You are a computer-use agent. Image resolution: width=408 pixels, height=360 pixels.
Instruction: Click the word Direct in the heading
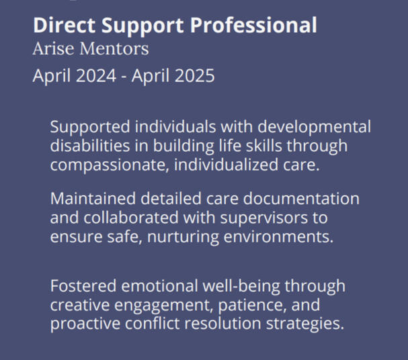(x=65, y=26)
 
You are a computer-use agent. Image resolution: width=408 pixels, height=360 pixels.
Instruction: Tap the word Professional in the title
(x=253, y=26)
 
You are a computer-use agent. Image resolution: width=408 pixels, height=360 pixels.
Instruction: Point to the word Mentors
(x=114, y=48)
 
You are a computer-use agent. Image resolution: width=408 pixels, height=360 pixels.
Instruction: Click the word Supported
(x=90, y=128)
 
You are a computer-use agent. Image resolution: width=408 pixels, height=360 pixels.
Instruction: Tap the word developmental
(x=315, y=128)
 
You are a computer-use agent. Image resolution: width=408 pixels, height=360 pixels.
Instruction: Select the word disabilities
(x=90, y=146)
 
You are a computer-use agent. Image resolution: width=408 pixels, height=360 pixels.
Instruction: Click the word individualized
(x=226, y=165)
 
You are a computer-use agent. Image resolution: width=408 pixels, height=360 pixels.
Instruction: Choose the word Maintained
(x=93, y=199)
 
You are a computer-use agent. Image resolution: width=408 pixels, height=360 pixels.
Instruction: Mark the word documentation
(x=301, y=199)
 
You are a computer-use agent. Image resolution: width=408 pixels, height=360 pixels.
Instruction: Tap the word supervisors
(x=264, y=218)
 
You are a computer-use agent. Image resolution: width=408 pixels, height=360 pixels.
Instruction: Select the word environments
(x=278, y=237)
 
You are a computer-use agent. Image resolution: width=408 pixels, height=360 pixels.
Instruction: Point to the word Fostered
(x=83, y=285)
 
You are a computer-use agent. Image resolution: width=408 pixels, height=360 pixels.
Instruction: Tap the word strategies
(x=305, y=324)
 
